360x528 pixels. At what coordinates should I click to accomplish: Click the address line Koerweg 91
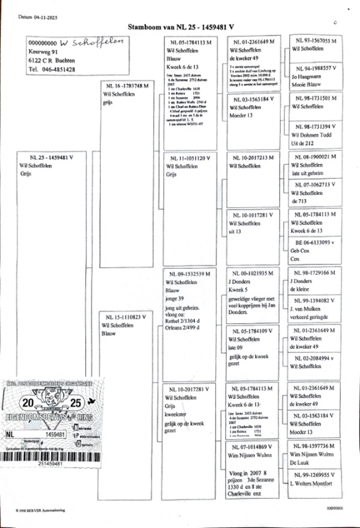click(x=43, y=52)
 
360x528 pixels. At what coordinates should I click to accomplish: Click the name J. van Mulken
click(x=310, y=308)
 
